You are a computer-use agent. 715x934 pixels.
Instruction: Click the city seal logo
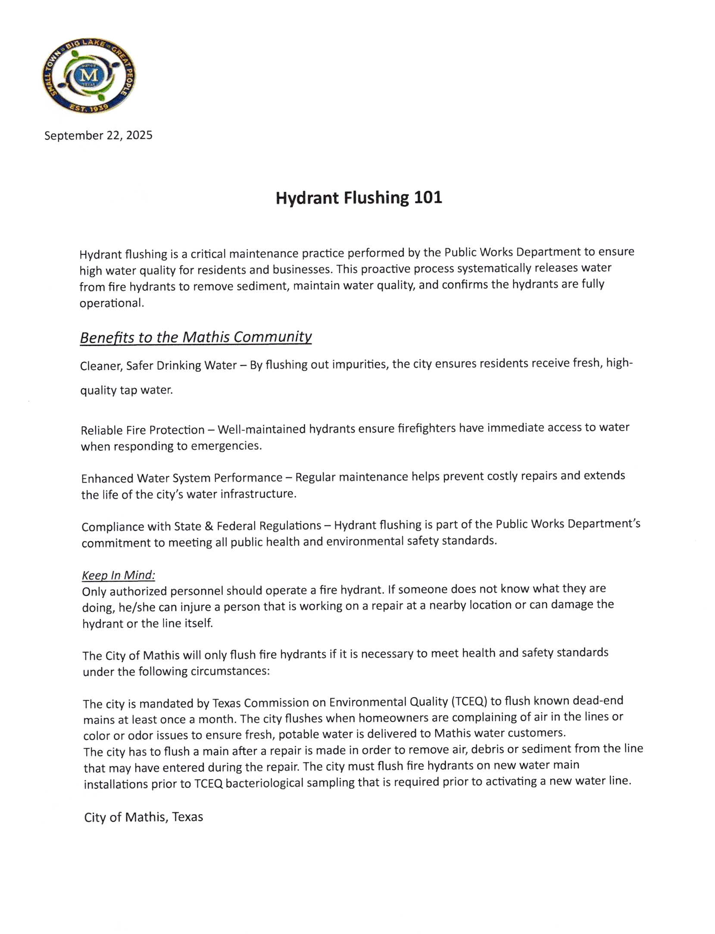coord(88,76)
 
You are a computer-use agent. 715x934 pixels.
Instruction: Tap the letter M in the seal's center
coord(89,76)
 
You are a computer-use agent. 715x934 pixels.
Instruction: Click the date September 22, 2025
coord(98,135)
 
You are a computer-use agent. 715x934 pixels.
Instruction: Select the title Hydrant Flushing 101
coord(359,198)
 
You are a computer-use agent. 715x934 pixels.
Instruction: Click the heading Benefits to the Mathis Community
coord(196,337)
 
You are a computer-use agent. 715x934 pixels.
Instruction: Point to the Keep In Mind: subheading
coord(119,575)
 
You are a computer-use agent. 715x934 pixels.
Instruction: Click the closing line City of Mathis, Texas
coord(144,817)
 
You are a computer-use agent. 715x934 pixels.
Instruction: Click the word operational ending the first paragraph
coord(111,303)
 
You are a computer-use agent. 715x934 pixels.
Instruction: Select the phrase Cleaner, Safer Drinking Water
coord(158,365)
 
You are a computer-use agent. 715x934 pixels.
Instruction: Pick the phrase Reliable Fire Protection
coord(143,430)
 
